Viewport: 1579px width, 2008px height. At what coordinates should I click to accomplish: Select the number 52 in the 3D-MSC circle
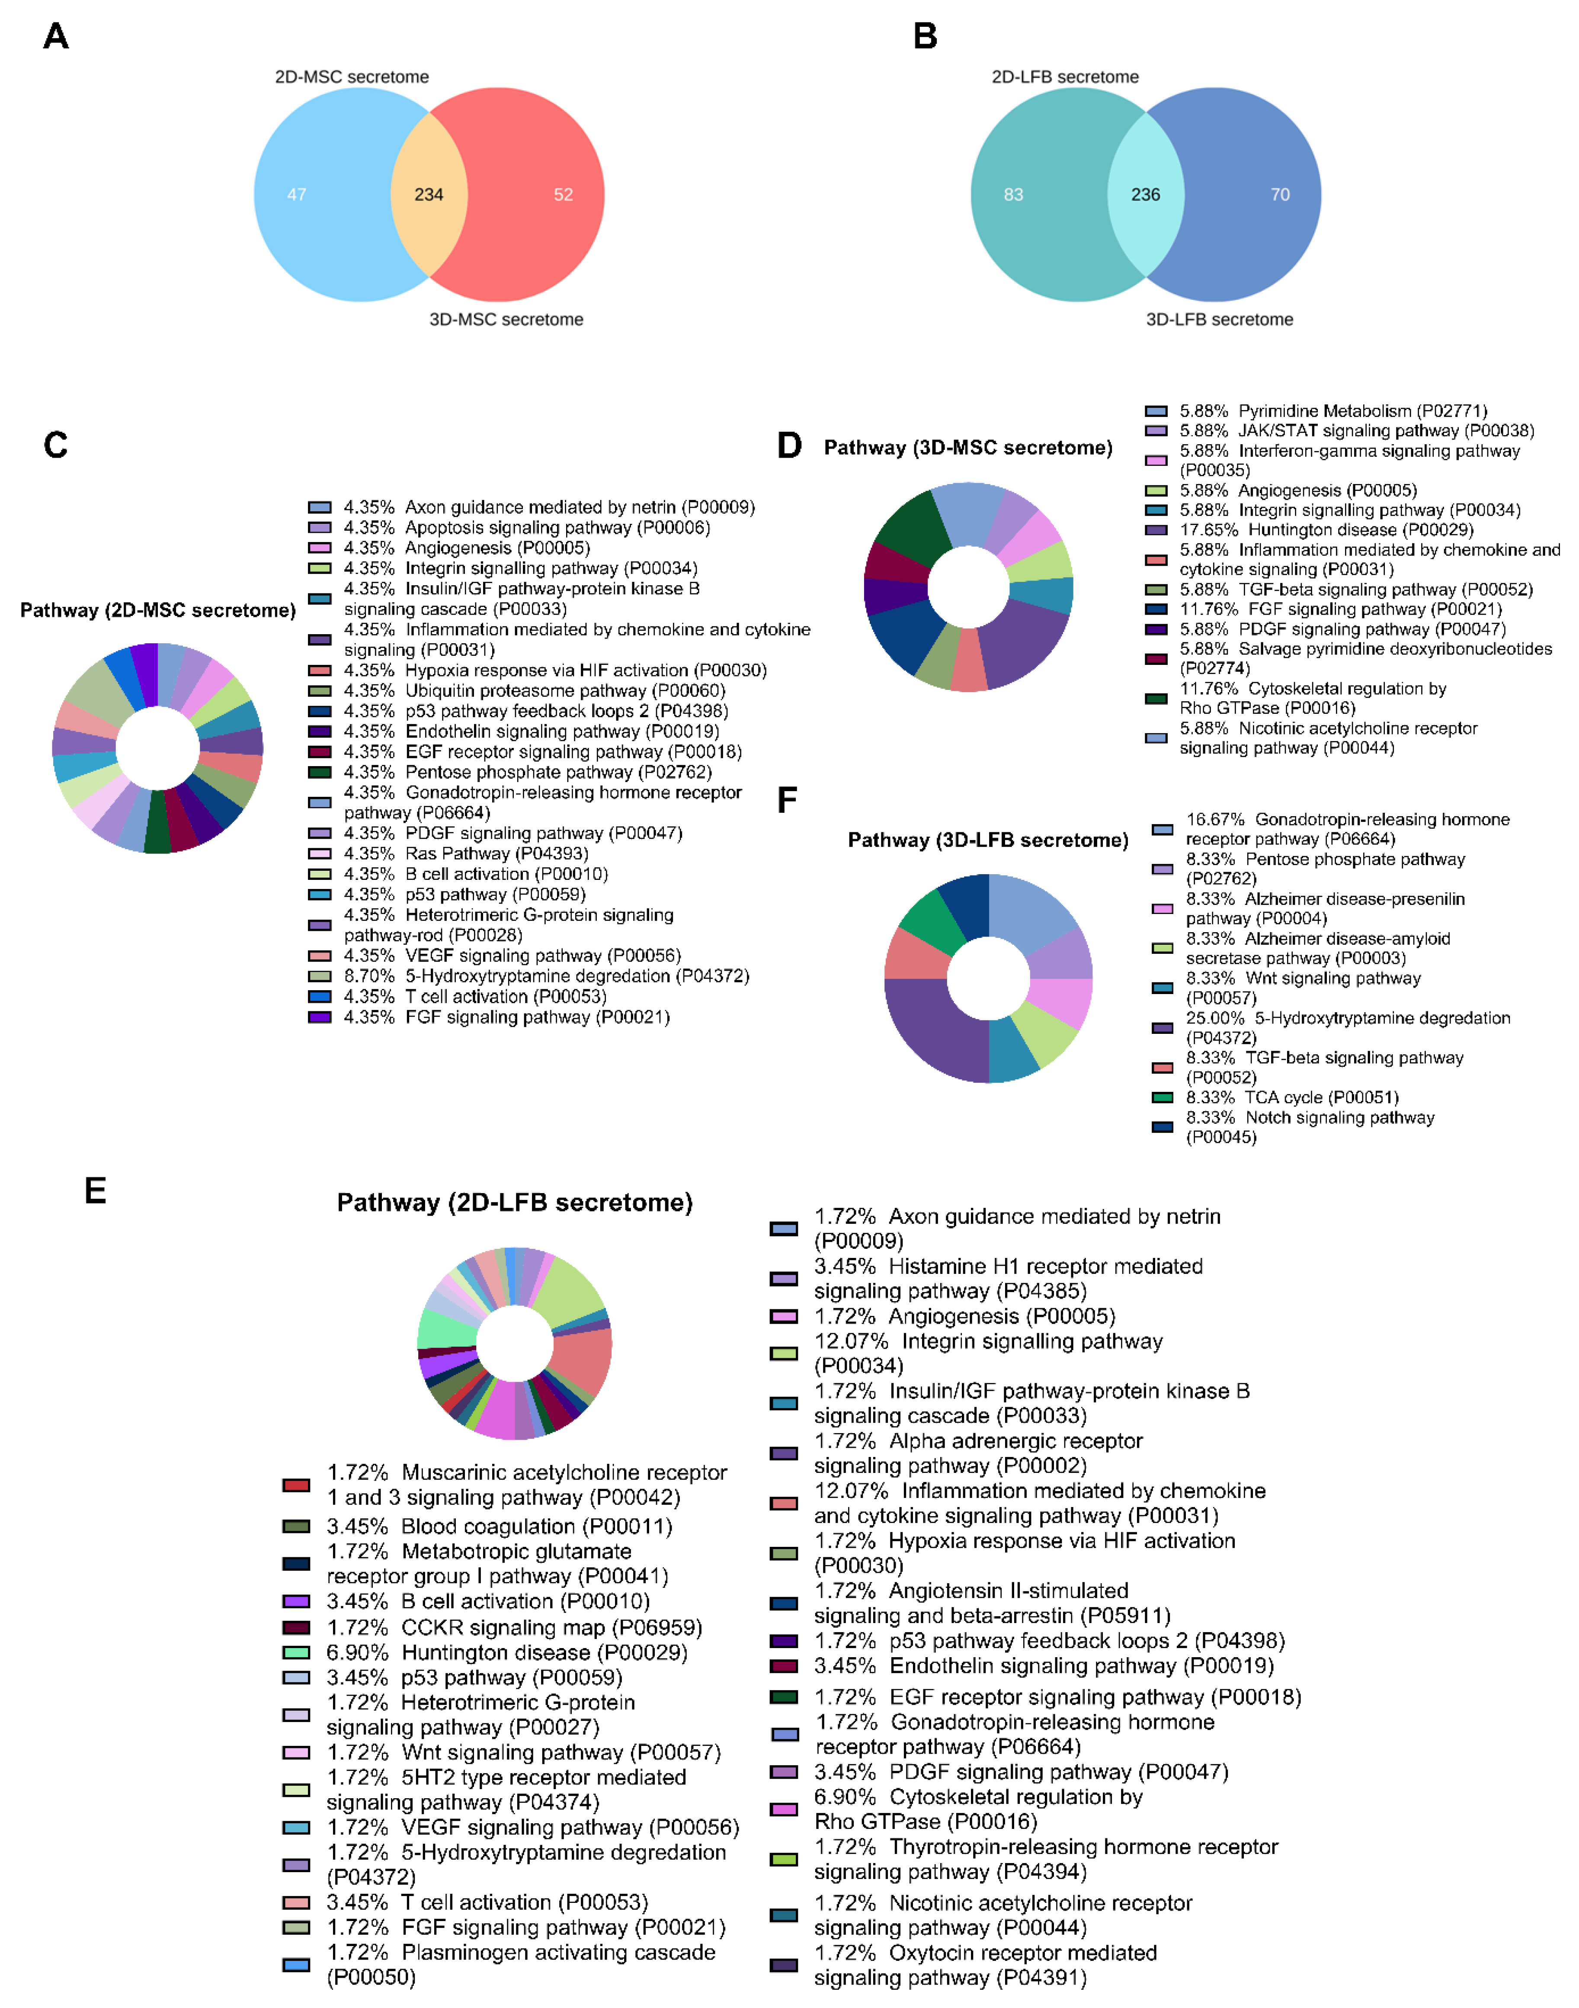point(563,194)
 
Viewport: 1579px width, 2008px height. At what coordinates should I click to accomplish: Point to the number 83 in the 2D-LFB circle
point(1013,194)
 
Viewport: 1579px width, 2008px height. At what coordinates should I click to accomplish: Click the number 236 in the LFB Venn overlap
point(1145,194)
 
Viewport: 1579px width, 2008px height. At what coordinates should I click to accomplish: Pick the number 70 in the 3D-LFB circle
point(1279,194)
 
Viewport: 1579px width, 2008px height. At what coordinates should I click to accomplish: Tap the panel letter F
point(787,800)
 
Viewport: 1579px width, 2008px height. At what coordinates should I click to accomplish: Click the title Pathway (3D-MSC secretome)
point(968,447)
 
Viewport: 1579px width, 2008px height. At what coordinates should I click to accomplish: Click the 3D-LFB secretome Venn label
point(1219,319)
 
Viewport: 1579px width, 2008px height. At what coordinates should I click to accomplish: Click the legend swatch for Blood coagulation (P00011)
point(296,1527)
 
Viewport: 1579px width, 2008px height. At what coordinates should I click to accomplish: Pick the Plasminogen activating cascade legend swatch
point(296,1965)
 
